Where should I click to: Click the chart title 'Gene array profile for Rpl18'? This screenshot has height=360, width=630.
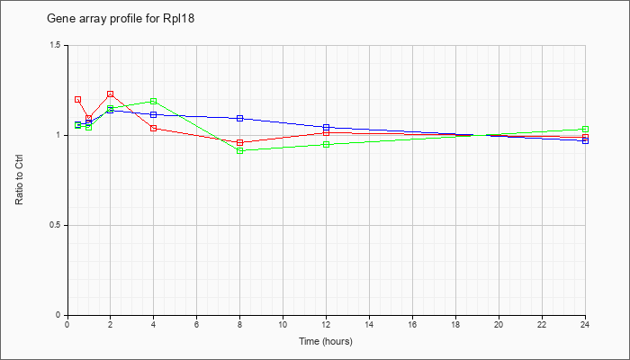[x=121, y=19]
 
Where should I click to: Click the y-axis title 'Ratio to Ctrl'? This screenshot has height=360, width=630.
[x=19, y=179]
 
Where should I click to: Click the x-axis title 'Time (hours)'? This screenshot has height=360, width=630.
[x=326, y=341]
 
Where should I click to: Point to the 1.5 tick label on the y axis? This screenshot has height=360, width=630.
[x=56, y=45]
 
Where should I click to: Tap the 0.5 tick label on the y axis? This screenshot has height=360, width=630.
[x=56, y=225]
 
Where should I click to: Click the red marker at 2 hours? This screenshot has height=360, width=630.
[x=110, y=94]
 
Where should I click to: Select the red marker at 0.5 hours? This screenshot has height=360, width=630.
[x=78, y=99]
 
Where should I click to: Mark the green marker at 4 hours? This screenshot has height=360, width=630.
[x=154, y=101]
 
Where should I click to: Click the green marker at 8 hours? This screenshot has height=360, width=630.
[x=240, y=150]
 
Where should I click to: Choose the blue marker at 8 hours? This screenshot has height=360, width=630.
[x=240, y=119]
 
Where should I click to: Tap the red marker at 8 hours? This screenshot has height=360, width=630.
[x=240, y=142]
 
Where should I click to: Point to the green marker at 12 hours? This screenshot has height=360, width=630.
[x=326, y=144]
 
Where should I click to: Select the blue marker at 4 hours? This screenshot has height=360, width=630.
[x=154, y=114]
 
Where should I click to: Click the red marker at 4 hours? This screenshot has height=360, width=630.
[x=154, y=128]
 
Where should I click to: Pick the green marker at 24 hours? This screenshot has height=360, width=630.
[x=585, y=129]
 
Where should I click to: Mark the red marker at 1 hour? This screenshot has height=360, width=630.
[x=89, y=118]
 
